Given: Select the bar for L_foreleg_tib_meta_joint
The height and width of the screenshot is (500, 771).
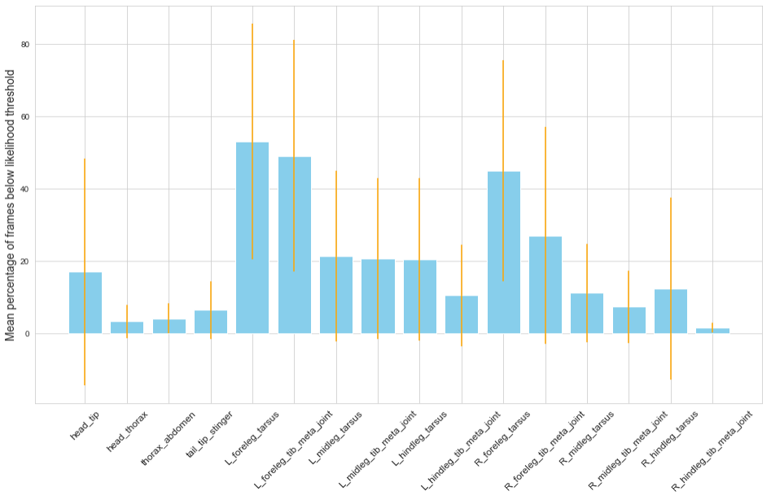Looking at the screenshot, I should pyautogui.click(x=294, y=245).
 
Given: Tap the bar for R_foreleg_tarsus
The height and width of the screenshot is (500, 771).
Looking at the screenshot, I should pyautogui.click(x=503, y=252).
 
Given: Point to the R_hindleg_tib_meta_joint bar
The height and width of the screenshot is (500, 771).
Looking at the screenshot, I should pyautogui.click(x=712, y=331).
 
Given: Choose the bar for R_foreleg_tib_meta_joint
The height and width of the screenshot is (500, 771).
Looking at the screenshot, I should pyautogui.click(x=545, y=285).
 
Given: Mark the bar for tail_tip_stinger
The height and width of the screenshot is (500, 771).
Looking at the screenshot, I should pyautogui.click(x=210, y=322).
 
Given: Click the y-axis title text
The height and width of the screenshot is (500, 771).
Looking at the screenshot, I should pyautogui.click(x=11, y=204).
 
